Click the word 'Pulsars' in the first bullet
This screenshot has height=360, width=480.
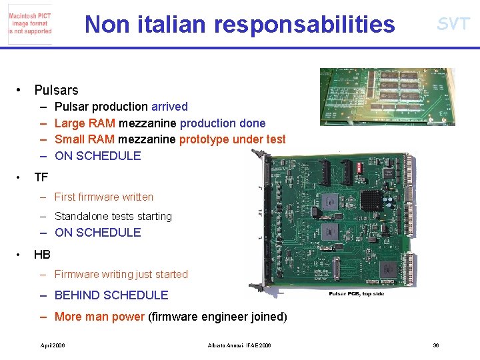56,90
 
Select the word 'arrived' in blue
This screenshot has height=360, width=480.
169,107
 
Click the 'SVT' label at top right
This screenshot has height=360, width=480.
453,25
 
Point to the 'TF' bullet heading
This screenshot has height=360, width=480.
41,177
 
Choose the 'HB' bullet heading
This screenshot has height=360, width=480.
42,255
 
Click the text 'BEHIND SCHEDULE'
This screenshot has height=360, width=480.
111,295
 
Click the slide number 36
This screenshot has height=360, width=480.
436,345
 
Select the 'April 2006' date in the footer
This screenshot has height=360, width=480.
53,345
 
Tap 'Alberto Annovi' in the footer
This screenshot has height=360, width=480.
224,345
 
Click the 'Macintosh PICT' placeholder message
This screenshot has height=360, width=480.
30,23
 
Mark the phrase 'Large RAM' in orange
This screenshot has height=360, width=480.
85,123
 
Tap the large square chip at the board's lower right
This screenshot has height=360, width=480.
389,270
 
